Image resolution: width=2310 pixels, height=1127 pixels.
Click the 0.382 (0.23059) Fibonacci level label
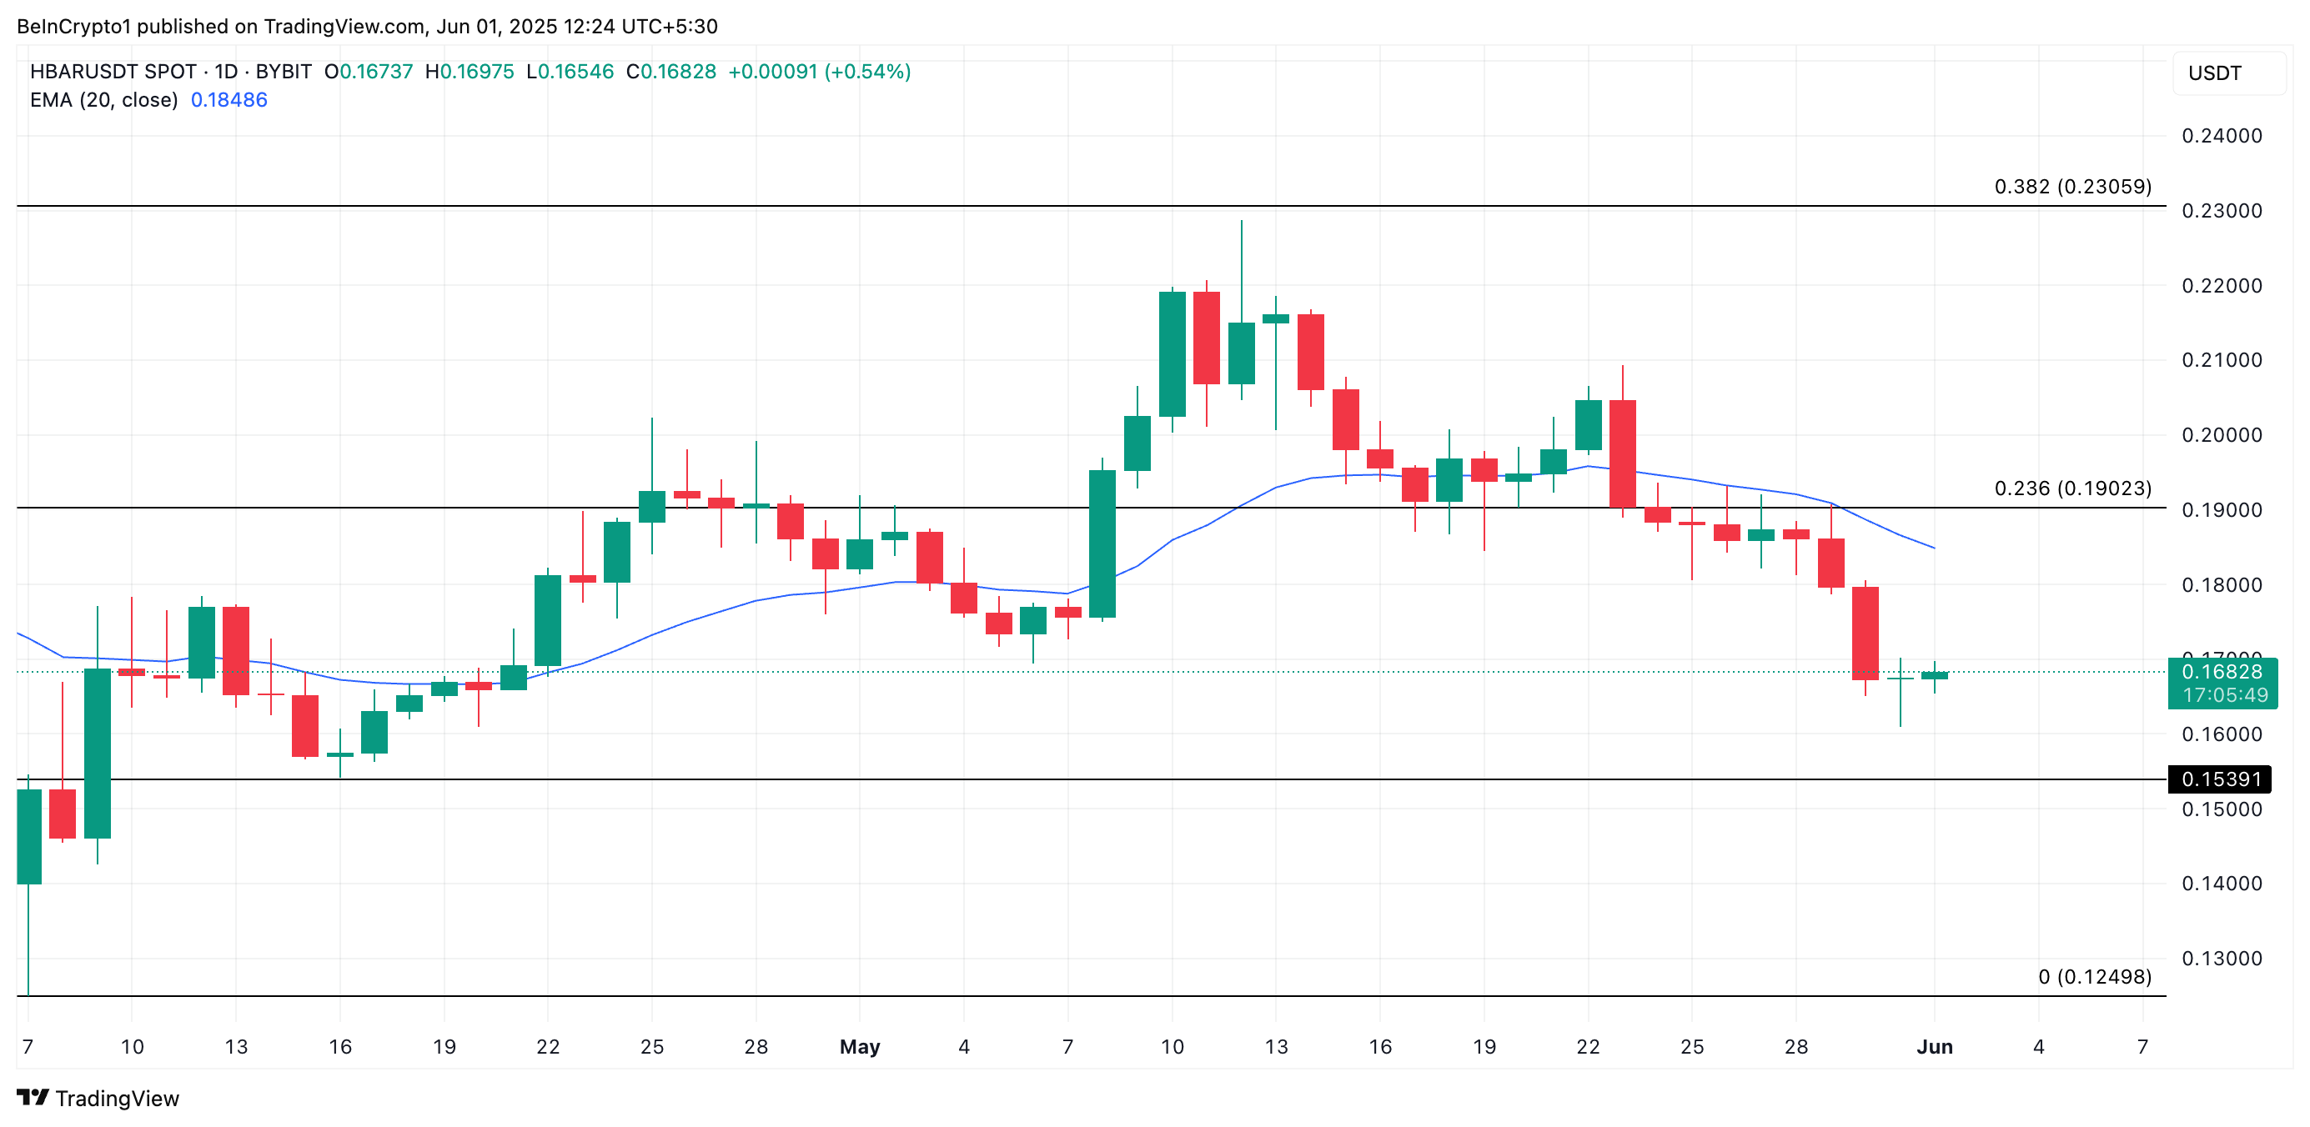click(x=2071, y=187)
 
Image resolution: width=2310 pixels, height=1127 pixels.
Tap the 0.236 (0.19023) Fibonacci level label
click(x=2071, y=488)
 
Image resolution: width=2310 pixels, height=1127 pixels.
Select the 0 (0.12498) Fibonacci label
click(x=2094, y=976)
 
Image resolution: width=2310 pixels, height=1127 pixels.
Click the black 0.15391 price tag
click(x=2220, y=779)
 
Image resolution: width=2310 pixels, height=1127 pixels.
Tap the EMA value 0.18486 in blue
click(x=228, y=99)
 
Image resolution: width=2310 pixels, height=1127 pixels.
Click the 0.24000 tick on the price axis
click(x=2222, y=136)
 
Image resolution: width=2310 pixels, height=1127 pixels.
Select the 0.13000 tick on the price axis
click(x=2222, y=959)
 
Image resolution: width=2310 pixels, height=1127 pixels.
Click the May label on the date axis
click(x=859, y=1046)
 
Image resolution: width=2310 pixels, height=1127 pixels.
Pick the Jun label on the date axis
click(x=1934, y=1046)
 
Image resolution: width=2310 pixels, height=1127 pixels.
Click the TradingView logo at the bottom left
click(x=98, y=1099)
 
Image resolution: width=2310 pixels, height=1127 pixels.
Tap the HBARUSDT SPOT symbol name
click(x=113, y=72)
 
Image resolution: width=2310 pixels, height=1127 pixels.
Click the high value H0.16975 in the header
click(x=469, y=72)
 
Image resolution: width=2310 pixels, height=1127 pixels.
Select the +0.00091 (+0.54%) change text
click(x=819, y=72)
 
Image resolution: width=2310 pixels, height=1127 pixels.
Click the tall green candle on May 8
click(x=1102, y=543)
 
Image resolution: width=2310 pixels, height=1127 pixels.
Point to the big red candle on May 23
click(x=1622, y=453)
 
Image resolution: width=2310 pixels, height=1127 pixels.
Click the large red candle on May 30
click(x=1866, y=633)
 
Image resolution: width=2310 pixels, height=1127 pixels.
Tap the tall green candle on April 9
click(x=98, y=753)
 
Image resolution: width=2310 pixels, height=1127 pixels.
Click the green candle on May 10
click(x=1172, y=354)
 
